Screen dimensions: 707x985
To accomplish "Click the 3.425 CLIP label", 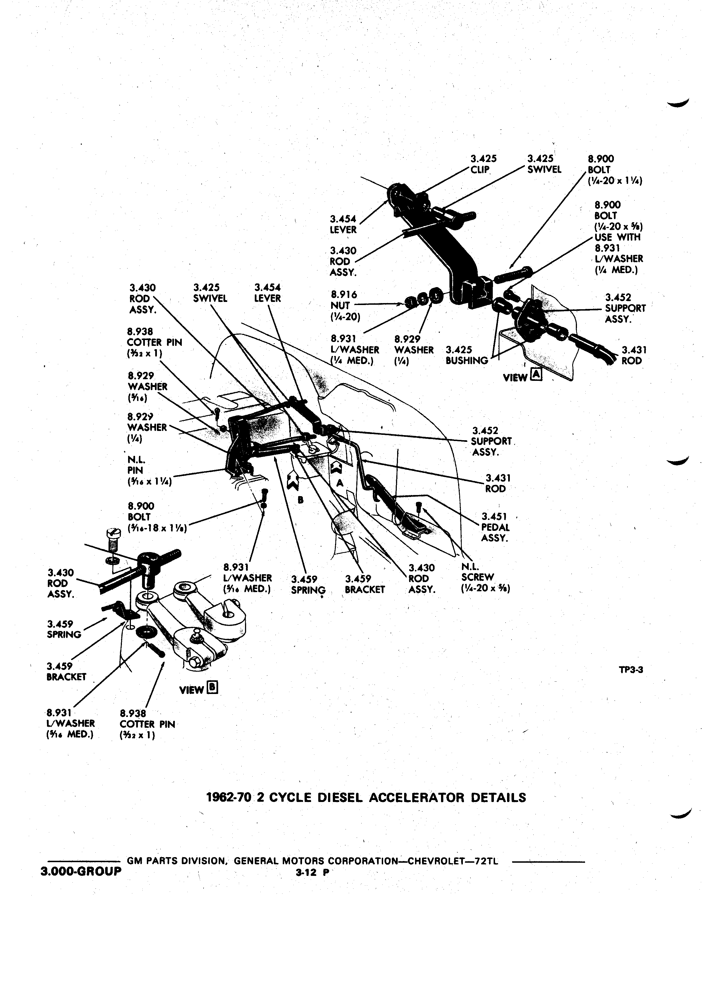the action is click(484, 164).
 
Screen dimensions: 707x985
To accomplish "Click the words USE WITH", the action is click(618, 237).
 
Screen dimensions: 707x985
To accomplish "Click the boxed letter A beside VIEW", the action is click(537, 375).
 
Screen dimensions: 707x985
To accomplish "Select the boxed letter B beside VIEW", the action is click(213, 688).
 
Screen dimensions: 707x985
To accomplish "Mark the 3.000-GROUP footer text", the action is click(81, 872).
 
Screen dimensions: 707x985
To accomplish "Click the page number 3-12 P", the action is click(311, 872).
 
